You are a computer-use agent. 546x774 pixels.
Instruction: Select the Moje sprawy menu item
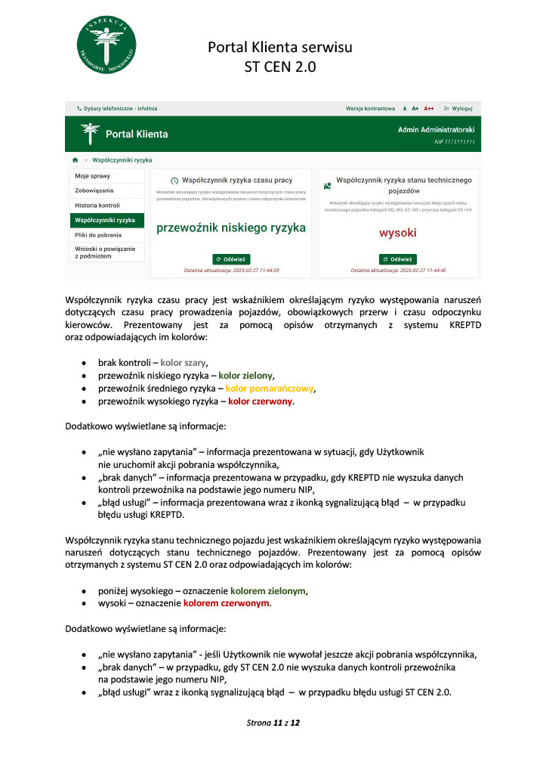93,176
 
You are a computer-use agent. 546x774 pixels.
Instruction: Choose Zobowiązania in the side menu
94,190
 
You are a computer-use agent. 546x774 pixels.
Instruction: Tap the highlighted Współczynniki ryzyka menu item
105,220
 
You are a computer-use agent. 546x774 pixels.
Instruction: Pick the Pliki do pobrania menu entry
99,235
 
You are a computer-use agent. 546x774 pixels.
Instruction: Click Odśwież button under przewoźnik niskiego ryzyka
230,259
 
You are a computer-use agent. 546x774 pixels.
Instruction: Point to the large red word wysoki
397,233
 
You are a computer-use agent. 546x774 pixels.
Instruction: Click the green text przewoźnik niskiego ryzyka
230,228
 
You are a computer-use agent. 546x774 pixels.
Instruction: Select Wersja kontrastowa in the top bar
370,108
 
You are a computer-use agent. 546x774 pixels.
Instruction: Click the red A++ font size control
429,108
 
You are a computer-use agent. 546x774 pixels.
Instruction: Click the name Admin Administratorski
436,130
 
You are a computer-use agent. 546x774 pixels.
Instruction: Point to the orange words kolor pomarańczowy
269,389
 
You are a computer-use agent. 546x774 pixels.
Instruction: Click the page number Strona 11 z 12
273,723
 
